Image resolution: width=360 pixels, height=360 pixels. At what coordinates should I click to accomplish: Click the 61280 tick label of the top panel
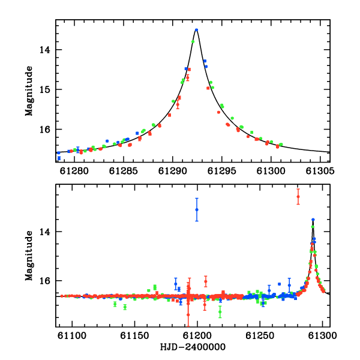point(74,171)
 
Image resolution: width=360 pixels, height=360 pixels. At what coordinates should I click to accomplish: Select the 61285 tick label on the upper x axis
point(123,171)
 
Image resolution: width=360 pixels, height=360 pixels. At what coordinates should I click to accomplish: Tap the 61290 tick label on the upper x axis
point(172,171)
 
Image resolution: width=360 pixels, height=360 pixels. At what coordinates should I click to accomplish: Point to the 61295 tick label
point(222,171)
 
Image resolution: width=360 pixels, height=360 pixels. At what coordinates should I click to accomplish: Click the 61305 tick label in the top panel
point(320,171)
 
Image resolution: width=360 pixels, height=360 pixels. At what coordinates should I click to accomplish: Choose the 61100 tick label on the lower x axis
point(72,335)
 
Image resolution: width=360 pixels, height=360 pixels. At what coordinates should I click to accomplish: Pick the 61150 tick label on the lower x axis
point(135,335)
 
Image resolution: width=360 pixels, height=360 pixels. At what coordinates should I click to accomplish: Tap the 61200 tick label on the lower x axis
point(197,335)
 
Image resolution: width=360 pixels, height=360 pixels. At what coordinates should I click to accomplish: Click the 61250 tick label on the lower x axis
point(260,335)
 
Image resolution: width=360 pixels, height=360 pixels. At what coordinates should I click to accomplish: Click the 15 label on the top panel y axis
point(45,89)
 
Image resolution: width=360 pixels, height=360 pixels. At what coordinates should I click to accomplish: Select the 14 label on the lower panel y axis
point(45,232)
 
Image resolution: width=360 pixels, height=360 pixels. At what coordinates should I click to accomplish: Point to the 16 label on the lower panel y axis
point(45,281)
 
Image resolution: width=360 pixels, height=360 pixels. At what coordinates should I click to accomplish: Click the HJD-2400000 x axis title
point(193,347)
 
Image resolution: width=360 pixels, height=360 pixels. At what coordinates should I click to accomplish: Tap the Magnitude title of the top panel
point(29,91)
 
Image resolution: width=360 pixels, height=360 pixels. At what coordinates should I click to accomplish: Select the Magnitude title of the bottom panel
point(29,256)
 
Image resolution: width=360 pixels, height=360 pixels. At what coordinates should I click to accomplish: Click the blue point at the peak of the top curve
point(196,30)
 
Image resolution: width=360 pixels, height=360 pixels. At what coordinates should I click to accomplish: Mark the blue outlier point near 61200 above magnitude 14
point(197,209)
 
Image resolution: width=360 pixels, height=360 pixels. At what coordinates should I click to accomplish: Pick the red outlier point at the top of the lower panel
point(298,197)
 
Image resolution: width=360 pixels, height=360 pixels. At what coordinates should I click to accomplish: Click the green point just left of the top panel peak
point(193,41)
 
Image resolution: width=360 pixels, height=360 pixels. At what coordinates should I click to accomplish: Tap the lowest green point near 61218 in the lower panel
point(220,312)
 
